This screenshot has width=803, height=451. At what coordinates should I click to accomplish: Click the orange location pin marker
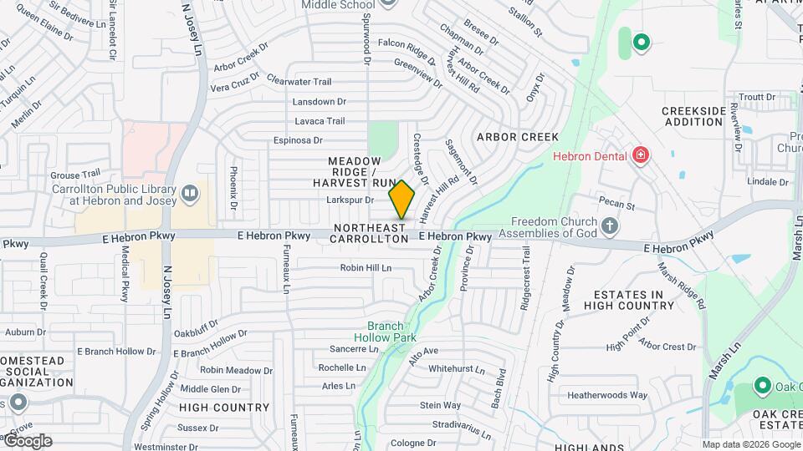[x=401, y=200]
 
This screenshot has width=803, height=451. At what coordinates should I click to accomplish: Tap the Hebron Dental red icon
[x=641, y=155]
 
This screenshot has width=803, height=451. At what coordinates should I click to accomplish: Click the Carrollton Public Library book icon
[x=190, y=195]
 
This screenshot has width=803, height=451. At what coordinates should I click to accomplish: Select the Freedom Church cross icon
[x=610, y=225]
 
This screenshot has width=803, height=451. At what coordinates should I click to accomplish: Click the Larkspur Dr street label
[x=350, y=200]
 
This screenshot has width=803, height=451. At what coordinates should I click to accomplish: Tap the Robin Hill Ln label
[x=366, y=268]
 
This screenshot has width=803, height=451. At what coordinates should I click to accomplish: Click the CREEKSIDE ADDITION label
[x=693, y=116]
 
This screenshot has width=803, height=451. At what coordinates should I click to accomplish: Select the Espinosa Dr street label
[x=297, y=140]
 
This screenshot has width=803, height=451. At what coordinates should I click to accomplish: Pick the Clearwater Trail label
[x=299, y=82]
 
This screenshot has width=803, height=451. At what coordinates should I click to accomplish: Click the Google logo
[x=27, y=441]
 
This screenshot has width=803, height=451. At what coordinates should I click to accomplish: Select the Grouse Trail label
[x=75, y=175]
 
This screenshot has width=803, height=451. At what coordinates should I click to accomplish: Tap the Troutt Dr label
[x=758, y=97]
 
